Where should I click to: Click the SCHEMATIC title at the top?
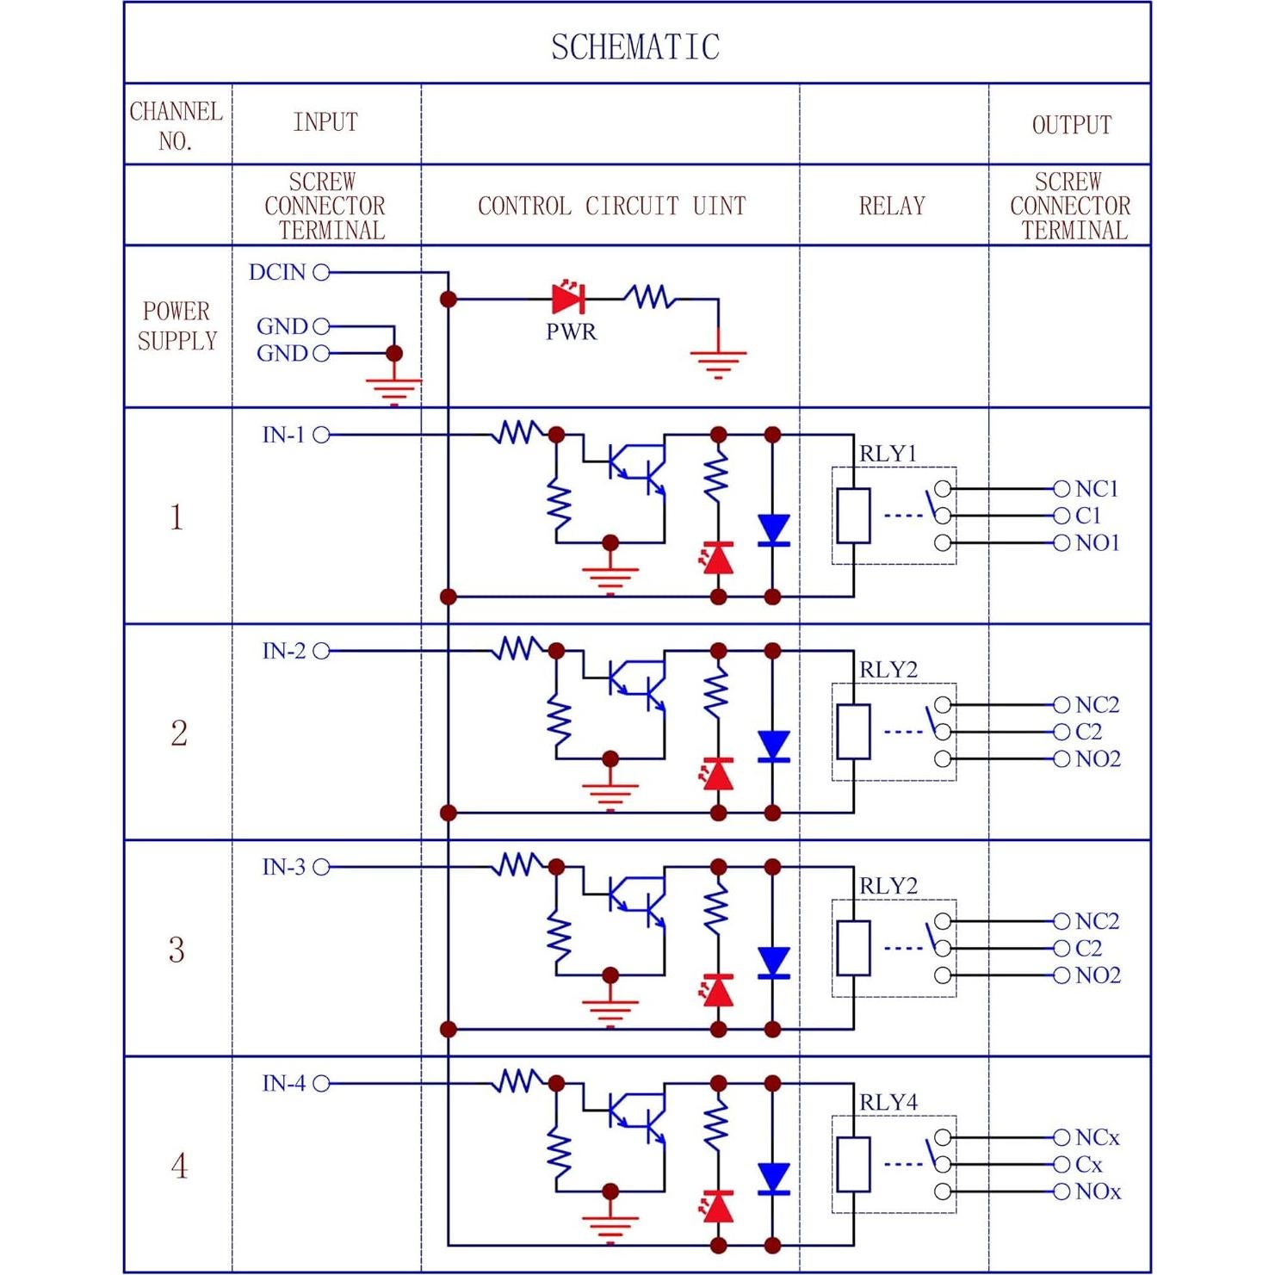point(635,47)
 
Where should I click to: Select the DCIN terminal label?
point(277,272)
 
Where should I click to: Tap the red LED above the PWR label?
point(568,299)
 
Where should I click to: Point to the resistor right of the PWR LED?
point(651,298)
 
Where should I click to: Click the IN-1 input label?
point(283,435)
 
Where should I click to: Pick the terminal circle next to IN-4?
point(321,1083)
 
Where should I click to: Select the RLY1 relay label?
point(888,454)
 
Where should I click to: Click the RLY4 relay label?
point(888,1102)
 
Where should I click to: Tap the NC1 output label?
point(1097,489)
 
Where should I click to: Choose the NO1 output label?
point(1098,543)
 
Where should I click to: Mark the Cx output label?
point(1089,1165)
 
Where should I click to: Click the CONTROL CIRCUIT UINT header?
point(611,206)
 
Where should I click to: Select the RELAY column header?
point(892,206)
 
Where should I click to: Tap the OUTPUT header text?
point(1071,125)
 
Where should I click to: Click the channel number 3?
point(176,950)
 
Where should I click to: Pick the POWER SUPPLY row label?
point(176,325)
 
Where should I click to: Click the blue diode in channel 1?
point(773,529)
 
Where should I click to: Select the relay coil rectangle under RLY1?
point(853,516)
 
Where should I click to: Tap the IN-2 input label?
point(283,651)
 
